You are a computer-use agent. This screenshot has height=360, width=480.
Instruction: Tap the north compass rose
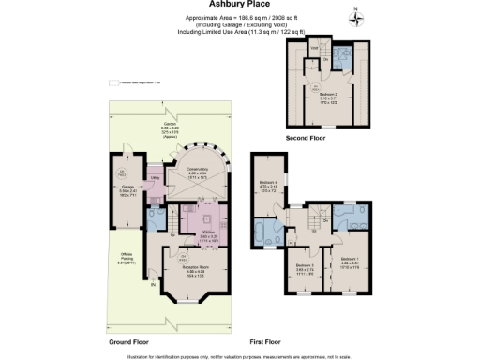click(x=354, y=16)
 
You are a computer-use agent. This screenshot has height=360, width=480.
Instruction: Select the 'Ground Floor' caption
click(x=130, y=342)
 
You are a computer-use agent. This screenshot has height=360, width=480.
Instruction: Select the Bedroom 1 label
click(x=349, y=260)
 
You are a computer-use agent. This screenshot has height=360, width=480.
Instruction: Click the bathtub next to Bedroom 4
click(x=263, y=232)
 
